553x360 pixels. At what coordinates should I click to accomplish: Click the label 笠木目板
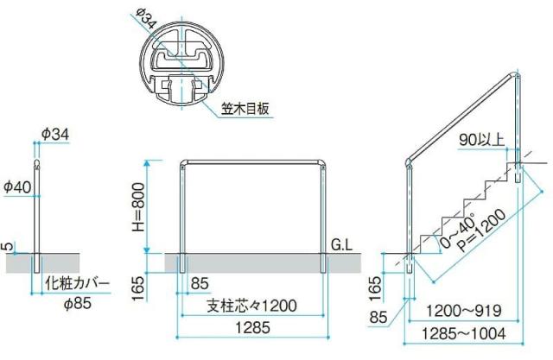245,108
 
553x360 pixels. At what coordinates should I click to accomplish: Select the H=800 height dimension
138,207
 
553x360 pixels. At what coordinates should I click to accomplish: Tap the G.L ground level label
342,245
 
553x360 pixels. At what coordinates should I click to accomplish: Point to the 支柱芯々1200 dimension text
251,306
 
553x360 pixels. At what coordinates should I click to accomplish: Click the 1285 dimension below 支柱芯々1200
253,328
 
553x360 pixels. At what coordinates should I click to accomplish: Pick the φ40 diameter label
17,186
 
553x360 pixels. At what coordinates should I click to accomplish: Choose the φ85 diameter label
78,303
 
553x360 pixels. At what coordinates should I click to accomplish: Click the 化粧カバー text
77,283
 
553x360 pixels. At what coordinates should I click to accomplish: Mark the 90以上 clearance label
481,140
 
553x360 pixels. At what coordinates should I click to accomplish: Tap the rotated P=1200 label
483,231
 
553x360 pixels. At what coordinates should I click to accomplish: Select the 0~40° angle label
458,231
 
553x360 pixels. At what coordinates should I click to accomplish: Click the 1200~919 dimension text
463,311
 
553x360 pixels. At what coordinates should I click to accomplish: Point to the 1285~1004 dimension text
463,333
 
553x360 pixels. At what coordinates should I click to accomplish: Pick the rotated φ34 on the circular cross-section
145,19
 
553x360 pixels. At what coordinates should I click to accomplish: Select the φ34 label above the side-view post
55,134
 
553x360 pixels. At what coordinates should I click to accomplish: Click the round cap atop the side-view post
36,164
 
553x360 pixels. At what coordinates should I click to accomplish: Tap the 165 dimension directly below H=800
138,288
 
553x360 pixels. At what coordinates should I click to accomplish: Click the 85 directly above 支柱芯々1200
200,283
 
